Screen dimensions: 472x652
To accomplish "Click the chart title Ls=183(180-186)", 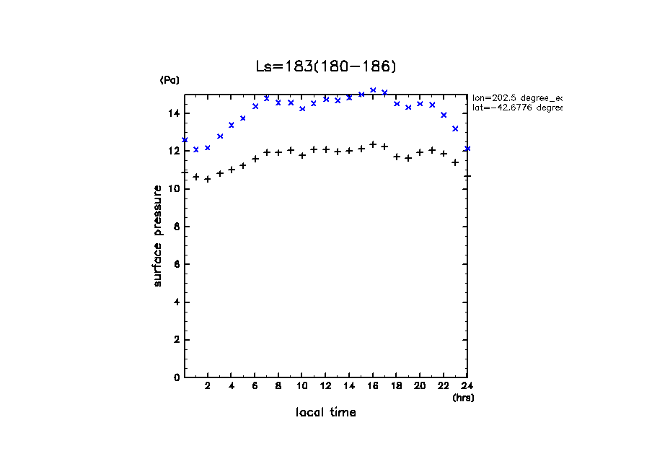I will tap(326, 66).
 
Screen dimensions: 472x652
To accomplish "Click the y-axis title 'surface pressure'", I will tap(158, 236).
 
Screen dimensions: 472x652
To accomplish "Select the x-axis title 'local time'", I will tap(325, 413).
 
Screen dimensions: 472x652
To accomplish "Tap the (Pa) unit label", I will tap(169, 80).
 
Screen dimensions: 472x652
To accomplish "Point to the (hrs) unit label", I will tap(463, 398).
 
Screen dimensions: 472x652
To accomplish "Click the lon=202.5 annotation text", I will tap(516, 97).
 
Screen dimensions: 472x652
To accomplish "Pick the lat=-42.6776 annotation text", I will tap(516, 108).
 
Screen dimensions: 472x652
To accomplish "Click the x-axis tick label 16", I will tap(373, 386).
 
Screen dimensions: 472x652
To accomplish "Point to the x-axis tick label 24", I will tap(467, 386).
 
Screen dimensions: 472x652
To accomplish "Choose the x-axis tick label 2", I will tap(208, 386).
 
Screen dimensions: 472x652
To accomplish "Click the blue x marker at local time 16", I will tap(373, 90).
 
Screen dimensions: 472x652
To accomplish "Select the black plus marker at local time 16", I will tap(373, 144).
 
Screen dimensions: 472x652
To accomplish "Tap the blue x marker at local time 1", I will tap(196, 149).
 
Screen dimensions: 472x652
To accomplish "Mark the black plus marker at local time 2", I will tap(208, 179).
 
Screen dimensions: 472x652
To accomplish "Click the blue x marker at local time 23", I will tap(455, 128).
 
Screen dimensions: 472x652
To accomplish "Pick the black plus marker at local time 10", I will tap(302, 155).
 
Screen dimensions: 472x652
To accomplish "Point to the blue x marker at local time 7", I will tap(267, 98).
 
